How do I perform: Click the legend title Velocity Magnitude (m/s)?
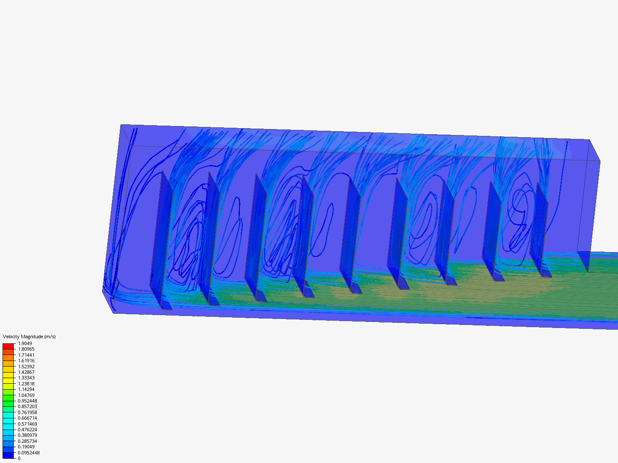pyautogui.click(x=29, y=337)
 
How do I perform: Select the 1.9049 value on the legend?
pyautogui.click(x=25, y=343)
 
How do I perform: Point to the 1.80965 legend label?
pyautogui.click(x=26, y=349)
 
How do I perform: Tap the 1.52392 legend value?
pyautogui.click(x=26, y=366)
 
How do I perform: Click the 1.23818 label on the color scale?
pyautogui.click(x=26, y=383)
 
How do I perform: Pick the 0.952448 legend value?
pyautogui.click(x=27, y=401)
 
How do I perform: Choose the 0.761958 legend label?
pyautogui.click(x=27, y=412)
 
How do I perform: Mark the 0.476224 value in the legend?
pyautogui.click(x=27, y=430)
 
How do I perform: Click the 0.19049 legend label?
pyautogui.click(x=26, y=447)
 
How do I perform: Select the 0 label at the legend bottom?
pyautogui.click(x=19, y=458)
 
